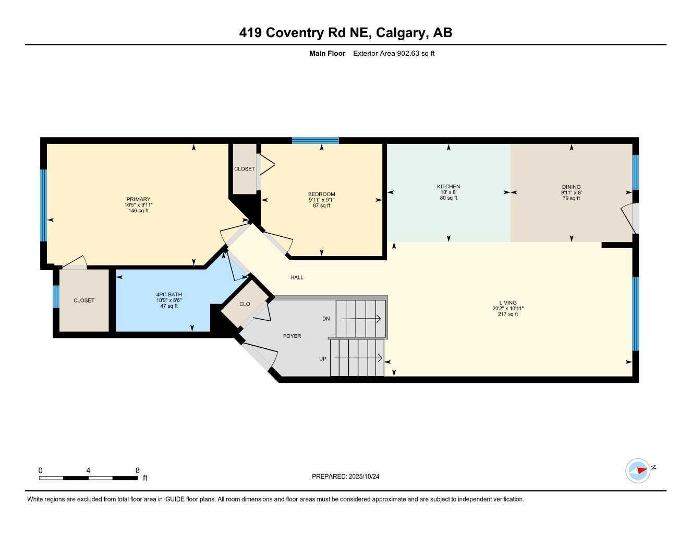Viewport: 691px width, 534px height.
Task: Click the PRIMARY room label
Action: pyautogui.click(x=138, y=199)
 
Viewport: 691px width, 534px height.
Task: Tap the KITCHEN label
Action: pyautogui.click(x=448, y=187)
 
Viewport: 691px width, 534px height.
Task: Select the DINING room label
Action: pyautogui.click(x=571, y=187)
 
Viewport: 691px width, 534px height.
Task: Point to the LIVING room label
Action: pyautogui.click(x=508, y=302)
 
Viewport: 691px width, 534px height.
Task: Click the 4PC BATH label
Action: pyautogui.click(x=169, y=295)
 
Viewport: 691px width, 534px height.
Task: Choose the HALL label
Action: pyautogui.click(x=297, y=277)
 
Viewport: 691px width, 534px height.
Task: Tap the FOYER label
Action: pyautogui.click(x=292, y=336)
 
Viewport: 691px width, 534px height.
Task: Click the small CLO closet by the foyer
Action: pyautogui.click(x=245, y=304)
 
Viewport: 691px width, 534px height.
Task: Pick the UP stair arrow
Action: pyautogui.click(x=359, y=358)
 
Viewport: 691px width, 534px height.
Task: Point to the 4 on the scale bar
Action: pyautogui.click(x=88, y=470)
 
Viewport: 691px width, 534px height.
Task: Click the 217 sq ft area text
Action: pyautogui.click(x=508, y=314)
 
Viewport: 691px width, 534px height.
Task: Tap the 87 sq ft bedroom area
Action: pyautogui.click(x=321, y=206)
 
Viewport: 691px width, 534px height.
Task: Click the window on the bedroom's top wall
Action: pyautogui.click(x=315, y=140)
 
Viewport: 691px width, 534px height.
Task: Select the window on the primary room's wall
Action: pyautogui.click(x=44, y=205)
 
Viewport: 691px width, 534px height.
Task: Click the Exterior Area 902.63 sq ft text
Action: pyautogui.click(x=394, y=53)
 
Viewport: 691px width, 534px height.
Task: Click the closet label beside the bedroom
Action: pyautogui.click(x=245, y=169)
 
